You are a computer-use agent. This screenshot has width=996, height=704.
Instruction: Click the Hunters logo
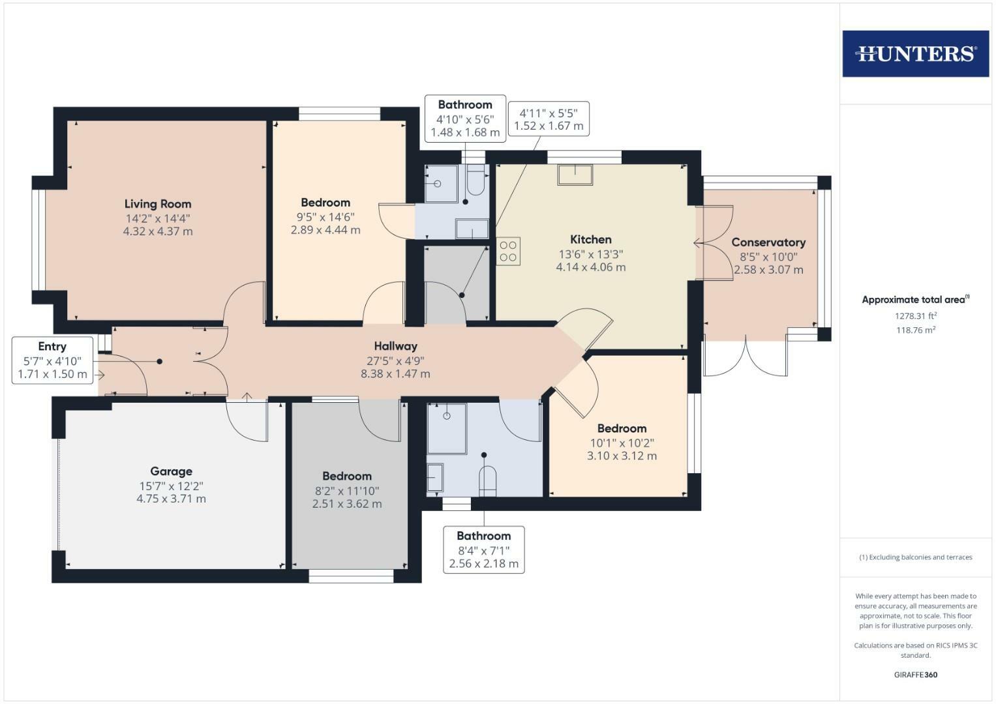(x=915, y=53)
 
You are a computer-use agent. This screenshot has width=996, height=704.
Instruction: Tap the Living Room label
(x=158, y=204)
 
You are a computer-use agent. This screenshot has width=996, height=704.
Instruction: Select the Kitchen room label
(x=591, y=240)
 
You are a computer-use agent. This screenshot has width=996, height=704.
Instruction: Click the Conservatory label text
(x=768, y=242)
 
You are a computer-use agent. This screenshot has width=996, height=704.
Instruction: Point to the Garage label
(x=171, y=471)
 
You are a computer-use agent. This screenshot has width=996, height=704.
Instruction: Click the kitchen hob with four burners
(x=509, y=252)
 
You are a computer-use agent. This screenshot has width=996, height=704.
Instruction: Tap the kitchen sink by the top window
(x=575, y=175)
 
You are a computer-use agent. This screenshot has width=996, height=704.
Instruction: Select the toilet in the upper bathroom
(x=475, y=181)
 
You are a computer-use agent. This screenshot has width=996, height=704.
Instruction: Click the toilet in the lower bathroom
(x=487, y=481)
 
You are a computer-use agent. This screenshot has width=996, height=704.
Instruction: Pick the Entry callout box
(x=52, y=360)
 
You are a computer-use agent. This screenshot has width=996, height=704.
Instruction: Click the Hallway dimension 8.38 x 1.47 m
(x=395, y=374)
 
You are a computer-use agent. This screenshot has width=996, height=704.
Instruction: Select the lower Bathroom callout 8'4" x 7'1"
(x=483, y=550)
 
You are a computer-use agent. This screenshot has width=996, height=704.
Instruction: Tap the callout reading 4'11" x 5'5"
(x=549, y=119)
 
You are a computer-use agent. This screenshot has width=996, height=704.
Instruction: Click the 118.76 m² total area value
(x=915, y=330)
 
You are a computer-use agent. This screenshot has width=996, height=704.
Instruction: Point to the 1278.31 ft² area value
(x=915, y=316)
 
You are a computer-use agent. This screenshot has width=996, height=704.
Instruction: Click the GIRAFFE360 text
(x=915, y=675)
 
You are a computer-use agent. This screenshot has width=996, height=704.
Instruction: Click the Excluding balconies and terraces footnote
(x=915, y=557)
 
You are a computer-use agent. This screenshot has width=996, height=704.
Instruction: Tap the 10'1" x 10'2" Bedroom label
(x=622, y=443)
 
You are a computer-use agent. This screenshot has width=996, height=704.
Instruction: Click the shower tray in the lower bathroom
(x=447, y=428)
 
